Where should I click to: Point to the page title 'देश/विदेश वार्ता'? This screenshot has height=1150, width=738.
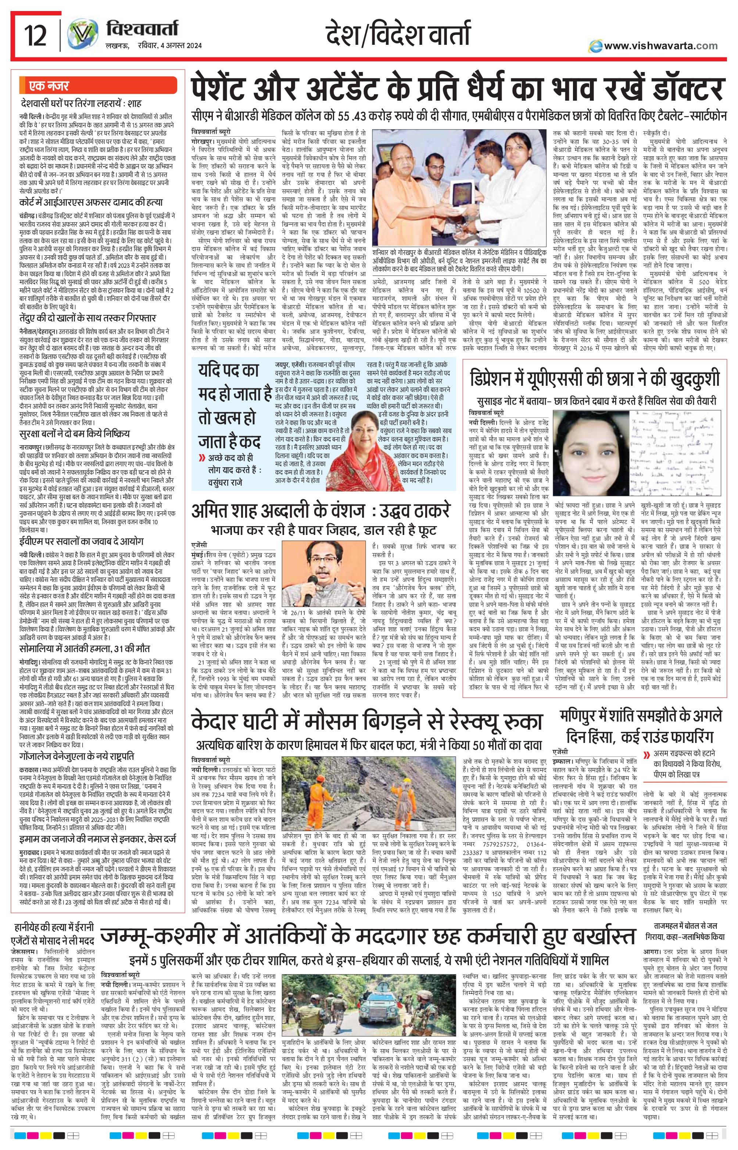tap(397, 35)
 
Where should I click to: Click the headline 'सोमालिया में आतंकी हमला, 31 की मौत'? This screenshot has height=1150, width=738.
tap(85, 649)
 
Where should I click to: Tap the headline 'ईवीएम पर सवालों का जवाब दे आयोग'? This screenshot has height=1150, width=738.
tap(82, 541)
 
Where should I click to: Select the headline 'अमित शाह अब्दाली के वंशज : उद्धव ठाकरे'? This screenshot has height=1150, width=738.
tap(320, 511)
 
